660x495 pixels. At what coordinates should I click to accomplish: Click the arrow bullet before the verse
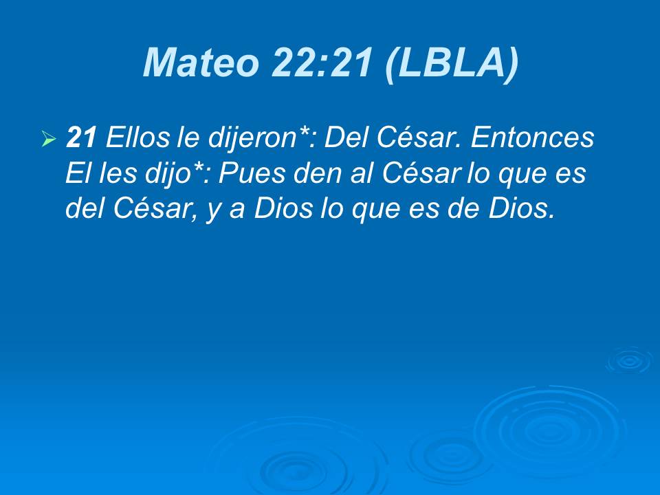[48, 140]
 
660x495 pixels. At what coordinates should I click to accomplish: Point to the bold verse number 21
[80, 139]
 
